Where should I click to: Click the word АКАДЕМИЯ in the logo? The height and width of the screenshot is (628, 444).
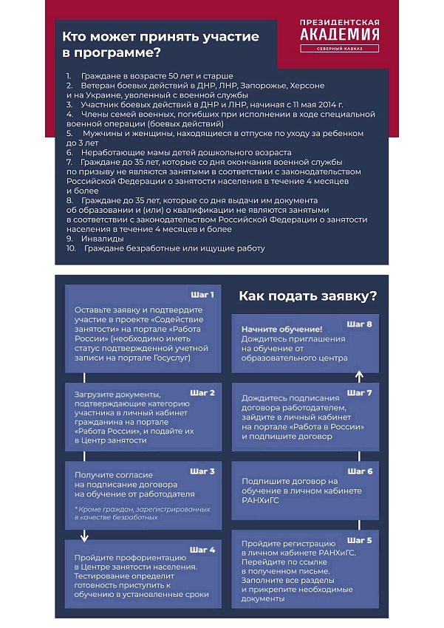click(x=341, y=35)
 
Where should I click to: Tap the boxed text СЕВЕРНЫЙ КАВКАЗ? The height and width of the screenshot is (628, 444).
click(x=341, y=50)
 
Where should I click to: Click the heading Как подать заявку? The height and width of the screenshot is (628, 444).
click(x=307, y=296)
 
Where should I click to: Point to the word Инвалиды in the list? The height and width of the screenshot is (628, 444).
click(x=103, y=239)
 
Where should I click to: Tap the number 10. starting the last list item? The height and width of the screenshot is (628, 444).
click(x=71, y=248)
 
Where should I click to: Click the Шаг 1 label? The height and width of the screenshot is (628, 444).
click(x=202, y=294)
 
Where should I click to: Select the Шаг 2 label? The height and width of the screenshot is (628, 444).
click(x=202, y=392)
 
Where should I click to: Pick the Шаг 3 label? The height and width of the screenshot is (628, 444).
click(x=202, y=471)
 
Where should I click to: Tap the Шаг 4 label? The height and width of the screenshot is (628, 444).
click(x=202, y=550)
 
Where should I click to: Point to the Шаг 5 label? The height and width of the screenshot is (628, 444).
click(x=360, y=539)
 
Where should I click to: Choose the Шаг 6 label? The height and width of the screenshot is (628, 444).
click(x=360, y=471)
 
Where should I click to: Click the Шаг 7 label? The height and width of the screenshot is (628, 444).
click(x=360, y=392)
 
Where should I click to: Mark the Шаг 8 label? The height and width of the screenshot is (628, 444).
click(x=360, y=324)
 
